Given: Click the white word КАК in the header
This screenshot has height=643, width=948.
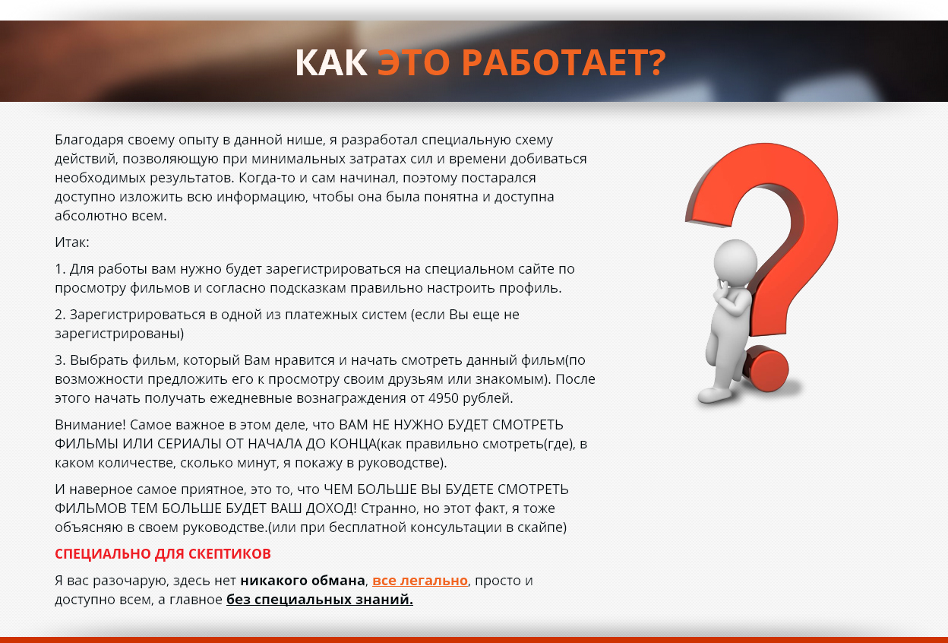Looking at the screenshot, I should [x=330, y=63].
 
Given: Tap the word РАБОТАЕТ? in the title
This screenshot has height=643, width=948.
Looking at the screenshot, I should [x=563, y=63].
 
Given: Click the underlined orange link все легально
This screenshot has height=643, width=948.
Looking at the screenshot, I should [x=420, y=581].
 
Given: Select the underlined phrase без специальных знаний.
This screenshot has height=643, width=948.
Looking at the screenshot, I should [x=320, y=600].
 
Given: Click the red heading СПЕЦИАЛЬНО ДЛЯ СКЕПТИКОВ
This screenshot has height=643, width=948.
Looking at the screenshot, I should [x=163, y=554].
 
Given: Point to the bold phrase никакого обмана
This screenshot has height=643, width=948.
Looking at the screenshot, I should [x=303, y=581].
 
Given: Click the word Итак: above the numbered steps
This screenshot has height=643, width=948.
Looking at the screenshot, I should [x=72, y=242].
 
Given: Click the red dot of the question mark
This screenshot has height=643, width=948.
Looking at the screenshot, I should [x=766, y=370].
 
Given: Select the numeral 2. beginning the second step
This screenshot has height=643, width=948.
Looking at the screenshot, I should [x=60, y=315].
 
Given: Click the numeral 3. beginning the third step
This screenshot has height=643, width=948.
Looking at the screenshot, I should [x=60, y=360].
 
